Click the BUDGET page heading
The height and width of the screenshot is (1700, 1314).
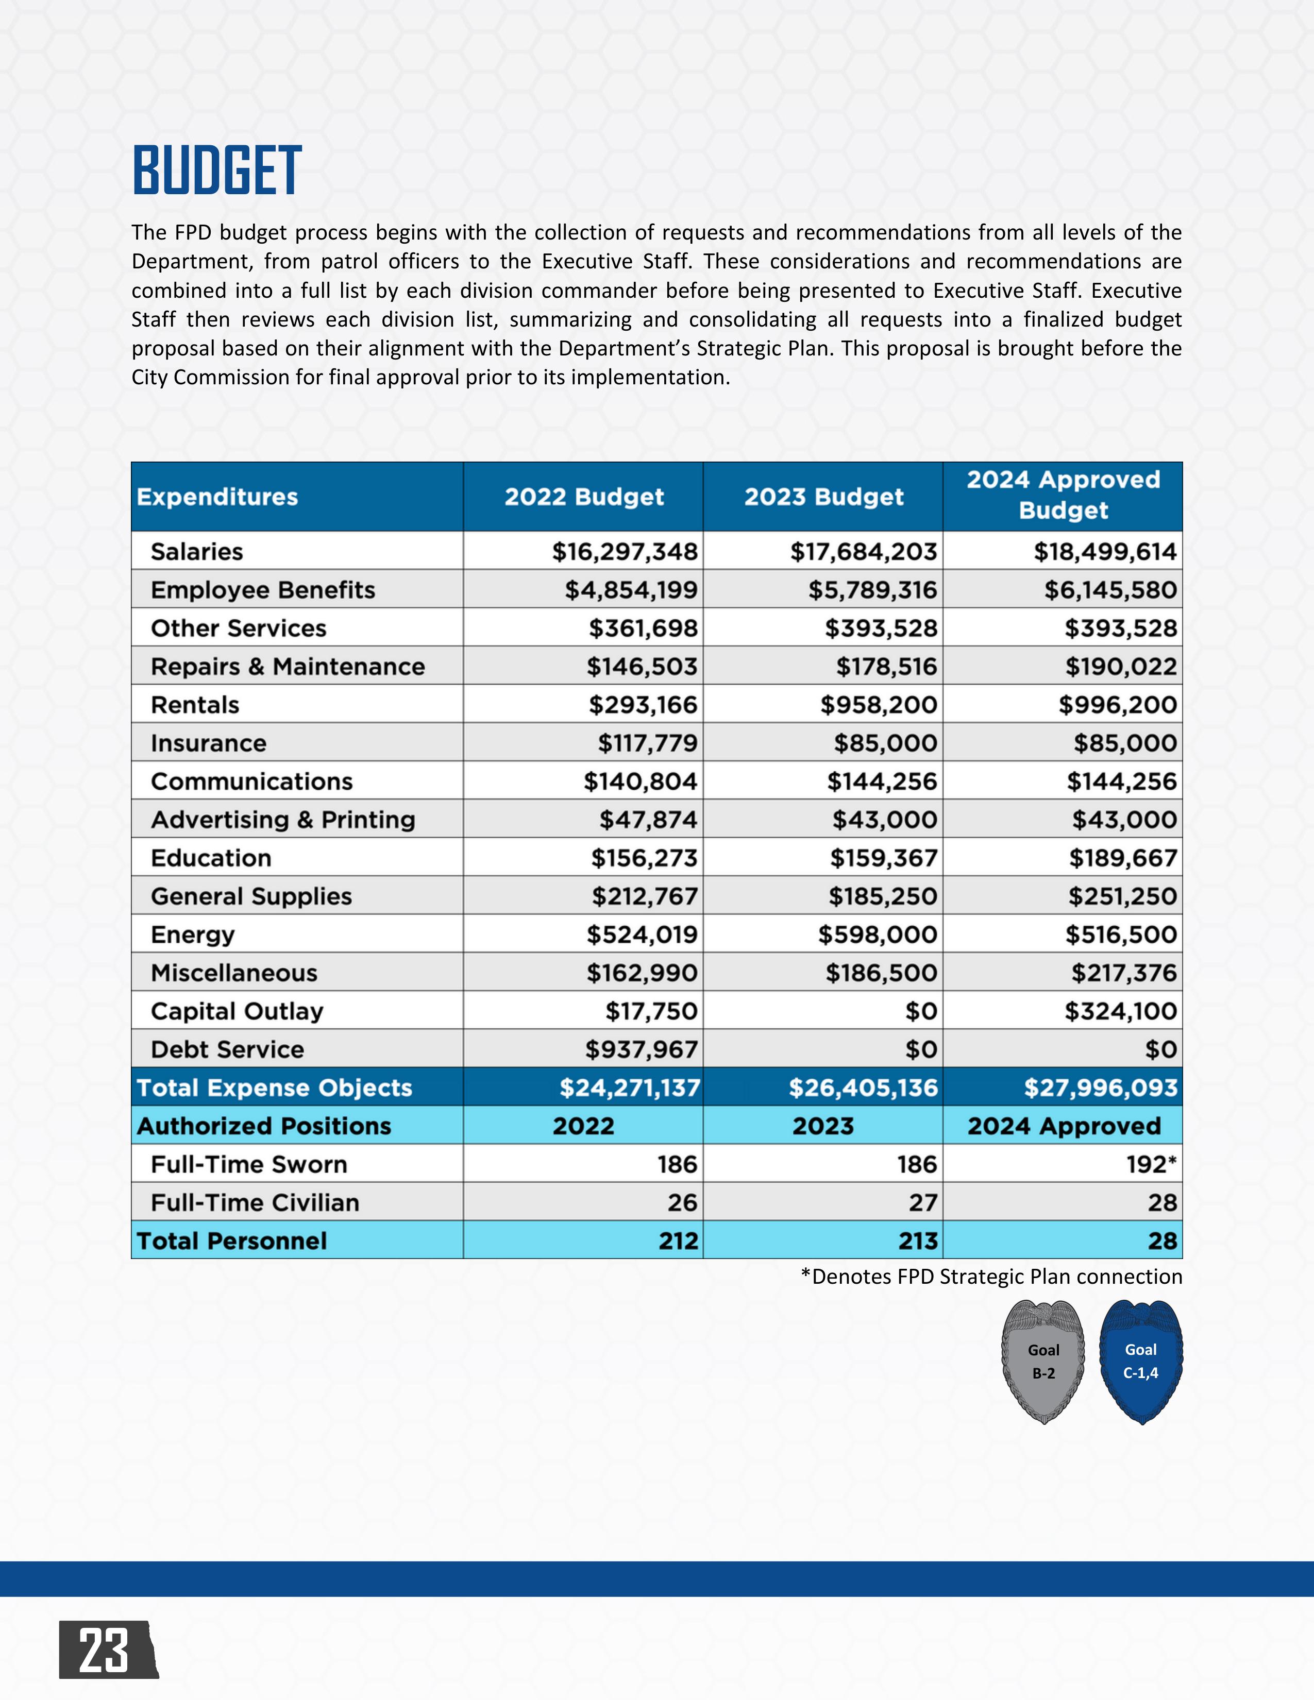click(216, 171)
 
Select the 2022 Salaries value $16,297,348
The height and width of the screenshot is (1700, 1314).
click(625, 552)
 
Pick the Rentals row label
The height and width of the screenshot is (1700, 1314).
click(195, 705)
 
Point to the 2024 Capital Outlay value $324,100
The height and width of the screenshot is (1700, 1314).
click(1120, 1011)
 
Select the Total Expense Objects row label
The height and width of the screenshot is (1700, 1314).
click(274, 1087)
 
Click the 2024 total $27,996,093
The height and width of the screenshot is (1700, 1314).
click(1100, 1087)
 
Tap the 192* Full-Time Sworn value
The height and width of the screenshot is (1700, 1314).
click(1151, 1164)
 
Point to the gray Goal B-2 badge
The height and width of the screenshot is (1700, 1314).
click(1043, 1362)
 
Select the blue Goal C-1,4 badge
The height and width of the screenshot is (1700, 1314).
click(1140, 1362)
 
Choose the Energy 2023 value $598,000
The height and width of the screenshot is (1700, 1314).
click(878, 935)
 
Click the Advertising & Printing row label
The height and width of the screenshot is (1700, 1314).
click(282, 820)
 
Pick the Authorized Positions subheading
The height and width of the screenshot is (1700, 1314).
click(264, 1126)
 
